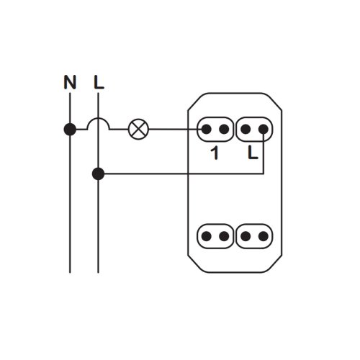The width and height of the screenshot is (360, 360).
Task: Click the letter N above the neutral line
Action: point(70,82)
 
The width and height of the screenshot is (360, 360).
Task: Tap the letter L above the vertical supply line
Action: point(99,82)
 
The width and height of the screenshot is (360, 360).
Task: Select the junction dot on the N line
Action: point(70,130)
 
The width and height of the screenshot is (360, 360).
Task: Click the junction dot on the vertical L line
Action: point(98,174)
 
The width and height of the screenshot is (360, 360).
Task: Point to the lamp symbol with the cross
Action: point(139,129)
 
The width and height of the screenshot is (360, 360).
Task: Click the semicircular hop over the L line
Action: point(99,118)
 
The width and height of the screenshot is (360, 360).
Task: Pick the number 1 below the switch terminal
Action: point(215,153)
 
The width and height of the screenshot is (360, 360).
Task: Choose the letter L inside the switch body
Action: point(253,153)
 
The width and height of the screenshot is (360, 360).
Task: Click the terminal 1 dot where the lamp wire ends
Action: point(206,130)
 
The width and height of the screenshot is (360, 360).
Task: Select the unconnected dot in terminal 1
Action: point(224,130)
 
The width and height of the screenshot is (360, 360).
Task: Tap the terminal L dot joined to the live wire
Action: point(264,130)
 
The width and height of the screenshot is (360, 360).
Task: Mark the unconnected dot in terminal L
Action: point(246,130)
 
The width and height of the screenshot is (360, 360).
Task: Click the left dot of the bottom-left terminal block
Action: point(206,236)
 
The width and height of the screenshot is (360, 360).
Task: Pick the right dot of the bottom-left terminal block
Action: point(224,236)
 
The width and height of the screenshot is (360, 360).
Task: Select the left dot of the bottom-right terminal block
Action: point(246,236)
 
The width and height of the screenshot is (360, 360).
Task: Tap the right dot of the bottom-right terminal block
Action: point(264,236)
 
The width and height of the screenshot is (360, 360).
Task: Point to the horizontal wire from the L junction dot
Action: point(184,174)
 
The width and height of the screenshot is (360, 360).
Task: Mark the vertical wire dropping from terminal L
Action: point(264,153)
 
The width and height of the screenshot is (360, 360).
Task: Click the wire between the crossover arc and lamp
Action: point(120,130)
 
